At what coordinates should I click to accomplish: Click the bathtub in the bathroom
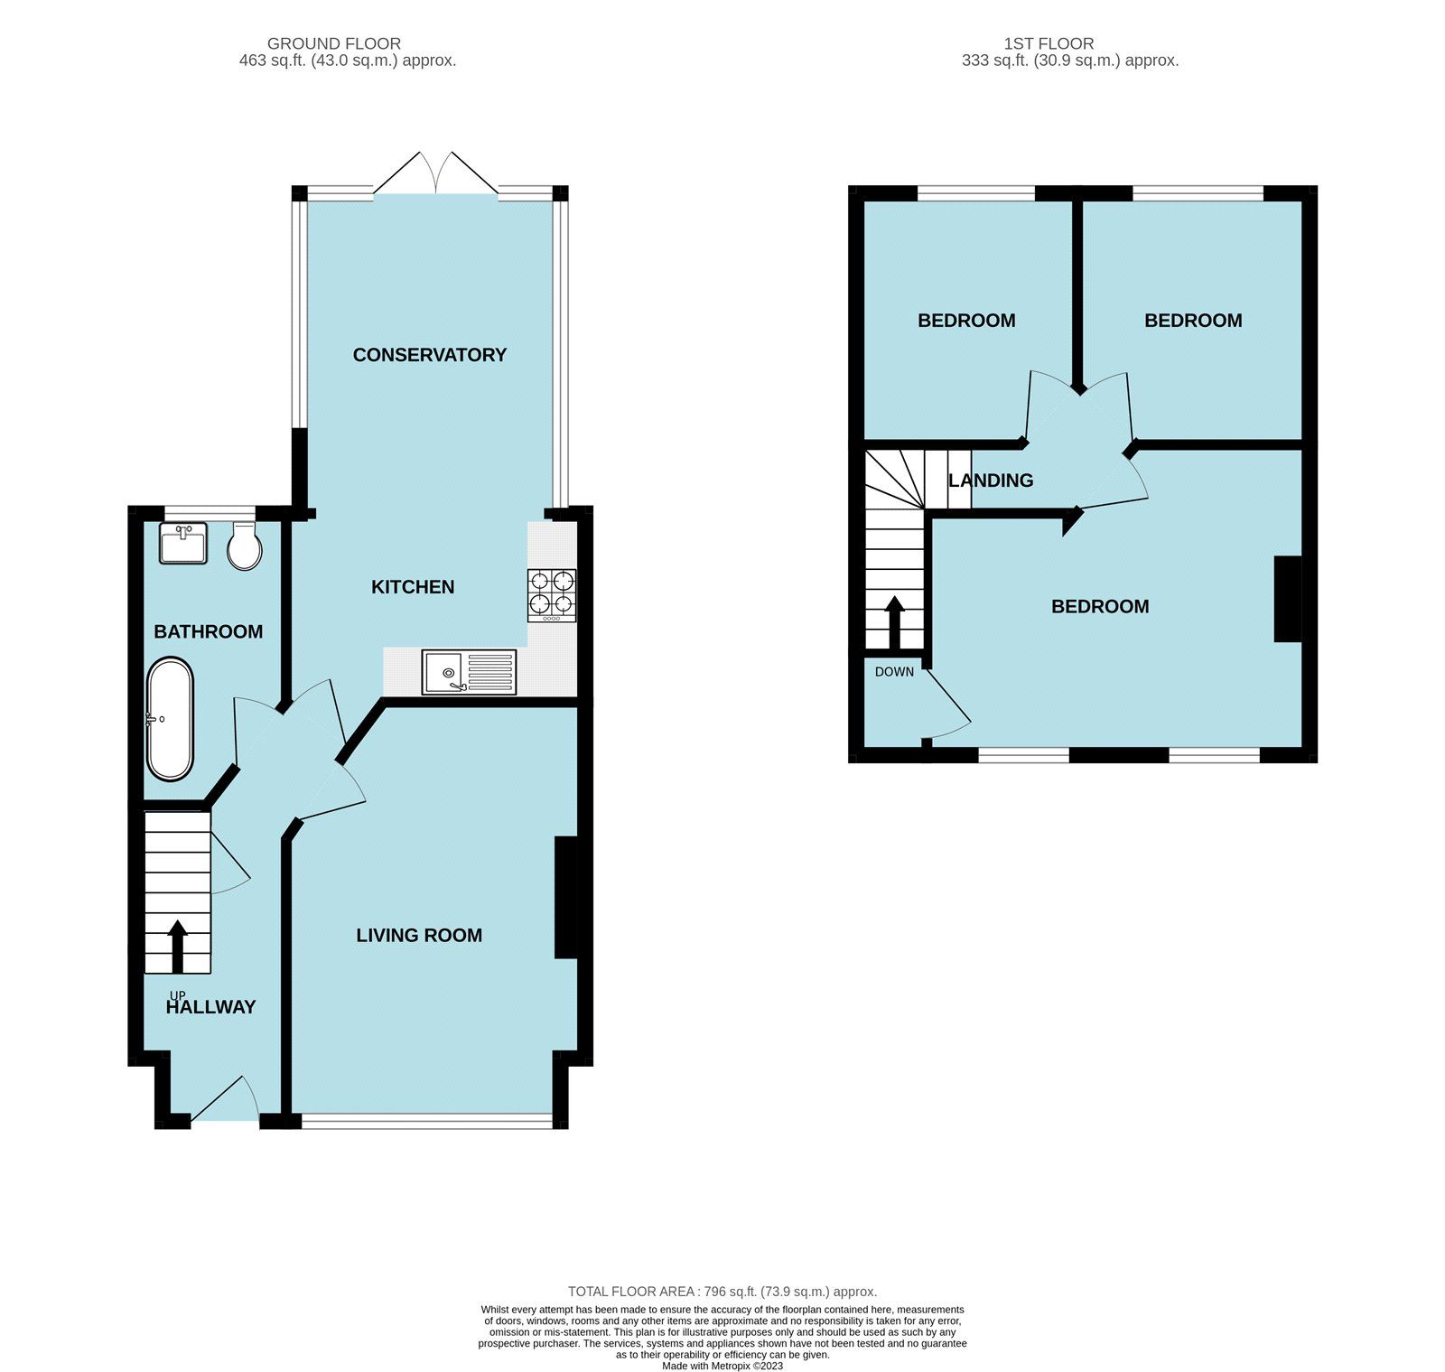[170, 720]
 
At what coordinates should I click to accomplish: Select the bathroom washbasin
[183, 544]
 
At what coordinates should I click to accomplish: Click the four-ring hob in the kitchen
[552, 594]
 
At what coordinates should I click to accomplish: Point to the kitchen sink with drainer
[469, 672]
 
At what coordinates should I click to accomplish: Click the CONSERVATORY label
[429, 355]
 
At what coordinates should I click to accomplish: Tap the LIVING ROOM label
[419, 936]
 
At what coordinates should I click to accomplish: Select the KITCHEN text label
[413, 587]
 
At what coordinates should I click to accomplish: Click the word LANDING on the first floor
[991, 481]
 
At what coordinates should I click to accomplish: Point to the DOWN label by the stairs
[894, 672]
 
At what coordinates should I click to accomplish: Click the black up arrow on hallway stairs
[177, 945]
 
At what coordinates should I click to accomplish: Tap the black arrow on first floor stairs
[894, 622]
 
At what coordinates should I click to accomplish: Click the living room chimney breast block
[566, 897]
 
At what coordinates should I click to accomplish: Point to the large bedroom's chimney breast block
[1288, 599]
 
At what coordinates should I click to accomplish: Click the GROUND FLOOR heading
[334, 43]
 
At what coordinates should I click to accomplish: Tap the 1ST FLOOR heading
[1049, 43]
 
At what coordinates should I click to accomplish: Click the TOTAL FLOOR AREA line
[722, 1292]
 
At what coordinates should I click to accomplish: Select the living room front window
[426, 1121]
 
